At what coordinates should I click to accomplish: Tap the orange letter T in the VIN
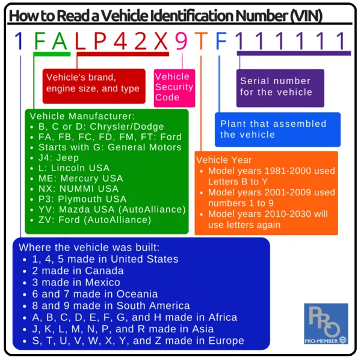[202, 41]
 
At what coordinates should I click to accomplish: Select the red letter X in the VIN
[161, 41]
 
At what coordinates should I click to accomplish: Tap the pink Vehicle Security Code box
[174, 87]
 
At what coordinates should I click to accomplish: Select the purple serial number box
[280, 88]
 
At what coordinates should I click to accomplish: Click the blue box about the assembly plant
[277, 129]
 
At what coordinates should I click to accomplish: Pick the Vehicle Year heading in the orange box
[224, 160]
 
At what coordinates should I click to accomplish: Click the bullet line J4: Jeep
[58, 157]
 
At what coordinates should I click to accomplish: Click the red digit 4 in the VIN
[120, 41]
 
